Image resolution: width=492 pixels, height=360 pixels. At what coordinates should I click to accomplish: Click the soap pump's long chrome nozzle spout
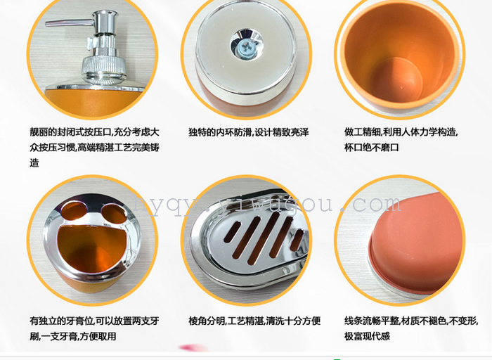[x=69, y=23]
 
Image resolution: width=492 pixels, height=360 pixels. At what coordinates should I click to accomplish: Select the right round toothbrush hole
[x=114, y=214]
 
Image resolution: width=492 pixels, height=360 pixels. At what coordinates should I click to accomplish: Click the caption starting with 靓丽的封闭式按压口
[x=94, y=147]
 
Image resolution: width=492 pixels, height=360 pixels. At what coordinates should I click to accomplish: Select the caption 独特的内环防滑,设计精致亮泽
[x=249, y=132]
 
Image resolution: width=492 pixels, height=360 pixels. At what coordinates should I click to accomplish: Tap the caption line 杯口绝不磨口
[x=372, y=147]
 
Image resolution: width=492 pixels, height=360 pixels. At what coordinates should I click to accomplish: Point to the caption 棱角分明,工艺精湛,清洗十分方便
[x=254, y=321]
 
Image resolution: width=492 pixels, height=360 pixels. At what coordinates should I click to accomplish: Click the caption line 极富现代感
[x=367, y=336]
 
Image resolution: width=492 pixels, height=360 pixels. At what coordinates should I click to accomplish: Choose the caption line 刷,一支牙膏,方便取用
[x=73, y=337]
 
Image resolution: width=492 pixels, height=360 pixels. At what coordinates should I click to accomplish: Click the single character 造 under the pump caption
[x=34, y=163]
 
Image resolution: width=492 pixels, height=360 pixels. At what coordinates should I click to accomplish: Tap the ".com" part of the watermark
[x=371, y=205]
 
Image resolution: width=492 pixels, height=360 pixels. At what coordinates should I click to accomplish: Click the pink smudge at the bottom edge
[x=193, y=348]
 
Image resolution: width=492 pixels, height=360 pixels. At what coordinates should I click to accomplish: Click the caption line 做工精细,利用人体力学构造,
[x=401, y=132]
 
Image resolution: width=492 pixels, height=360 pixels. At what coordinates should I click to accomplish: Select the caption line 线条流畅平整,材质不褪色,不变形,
[x=411, y=321]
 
